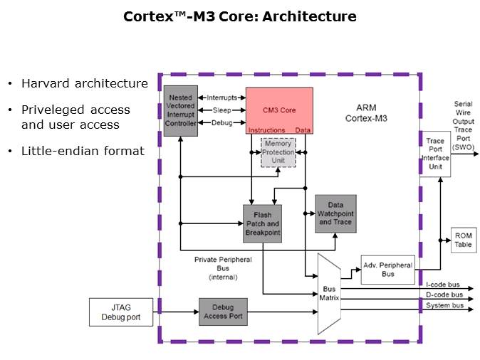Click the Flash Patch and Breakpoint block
pos(262,223)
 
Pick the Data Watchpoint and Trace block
pos(335,213)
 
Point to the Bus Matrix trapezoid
pos(329,293)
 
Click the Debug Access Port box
pos(223,312)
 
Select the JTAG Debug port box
pos(121,312)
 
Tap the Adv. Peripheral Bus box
pos(387,270)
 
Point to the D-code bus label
pos(444,295)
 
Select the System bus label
pos(444,305)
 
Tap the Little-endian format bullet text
pos(82,151)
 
